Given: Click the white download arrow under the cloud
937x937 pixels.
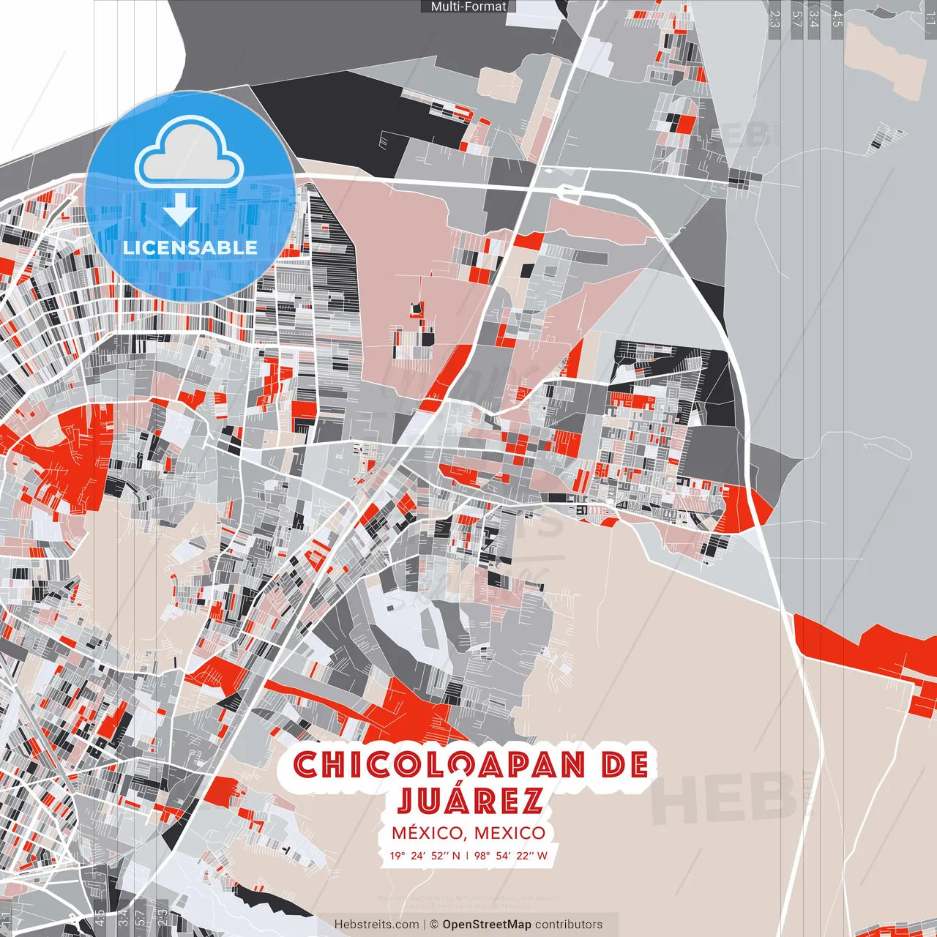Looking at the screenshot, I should [x=179, y=210].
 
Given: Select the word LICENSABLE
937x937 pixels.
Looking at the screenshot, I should [x=190, y=247].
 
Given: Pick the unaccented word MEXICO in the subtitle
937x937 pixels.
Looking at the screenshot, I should [x=509, y=833].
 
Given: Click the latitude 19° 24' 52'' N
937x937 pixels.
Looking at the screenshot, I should [x=425, y=855].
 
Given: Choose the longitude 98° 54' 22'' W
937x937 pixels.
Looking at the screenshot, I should [x=510, y=855].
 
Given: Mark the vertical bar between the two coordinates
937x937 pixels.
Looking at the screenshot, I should [x=467, y=855].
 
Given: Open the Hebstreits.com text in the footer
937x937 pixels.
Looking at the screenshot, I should [x=376, y=925].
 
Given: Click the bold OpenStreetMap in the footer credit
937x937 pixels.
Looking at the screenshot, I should [x=487, y=925].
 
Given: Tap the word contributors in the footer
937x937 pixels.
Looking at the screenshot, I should [x=569, y=925].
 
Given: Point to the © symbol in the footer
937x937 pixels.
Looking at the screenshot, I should [x=434, y=925].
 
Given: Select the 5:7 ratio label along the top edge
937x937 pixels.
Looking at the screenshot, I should [x=796, y=18].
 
